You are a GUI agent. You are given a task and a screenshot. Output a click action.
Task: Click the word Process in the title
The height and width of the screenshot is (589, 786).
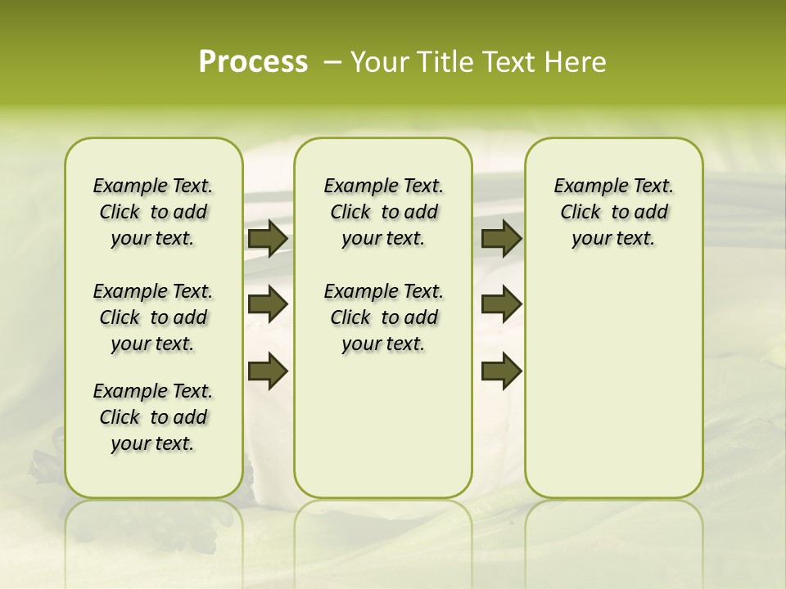pyautogui.click(x=253, y=62)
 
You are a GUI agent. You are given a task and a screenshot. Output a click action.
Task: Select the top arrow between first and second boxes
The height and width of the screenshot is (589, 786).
pyautogui.click(x=268, y=239)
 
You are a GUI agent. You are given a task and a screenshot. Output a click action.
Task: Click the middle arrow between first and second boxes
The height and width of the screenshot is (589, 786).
pyautogui.click(x=268, y=305)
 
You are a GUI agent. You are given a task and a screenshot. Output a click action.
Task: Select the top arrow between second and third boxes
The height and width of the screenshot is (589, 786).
pyautogui.click(x=501, y=239)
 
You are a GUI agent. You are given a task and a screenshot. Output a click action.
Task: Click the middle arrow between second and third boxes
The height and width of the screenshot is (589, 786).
pyautogui.click(x=501, y=304)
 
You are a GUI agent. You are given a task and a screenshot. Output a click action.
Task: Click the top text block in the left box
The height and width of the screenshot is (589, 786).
pyautogui.click(x=153, y=212)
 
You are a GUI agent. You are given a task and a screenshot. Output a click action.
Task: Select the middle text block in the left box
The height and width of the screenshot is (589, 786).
pyautogui.click(x=153, y=317)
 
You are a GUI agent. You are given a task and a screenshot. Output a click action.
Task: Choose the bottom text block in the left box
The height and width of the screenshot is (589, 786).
pyautogui.click(x=153, y=417)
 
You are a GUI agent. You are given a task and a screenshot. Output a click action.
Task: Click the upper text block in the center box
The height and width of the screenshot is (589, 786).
pyautogui.click(x=383, y=212)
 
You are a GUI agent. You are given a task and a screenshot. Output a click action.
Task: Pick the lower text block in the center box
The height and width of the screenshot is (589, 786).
pyautogui.click(x=383, y=317)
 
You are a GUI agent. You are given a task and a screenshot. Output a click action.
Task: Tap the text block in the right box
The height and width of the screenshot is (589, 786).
pyautogui.click(x=613, y=212)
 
